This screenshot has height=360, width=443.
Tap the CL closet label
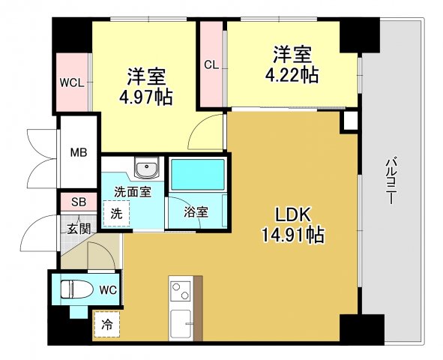[x=211, y=64]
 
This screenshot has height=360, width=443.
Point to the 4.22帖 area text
[x=292, y=74]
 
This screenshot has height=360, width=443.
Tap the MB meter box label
[x=79, y=153]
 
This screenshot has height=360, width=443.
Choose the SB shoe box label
[x=78, y=201]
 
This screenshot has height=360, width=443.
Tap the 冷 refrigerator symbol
[x=107, y=325]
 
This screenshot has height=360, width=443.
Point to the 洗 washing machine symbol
[x=116, y=212]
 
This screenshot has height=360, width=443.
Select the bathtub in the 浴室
[x=198, y=175]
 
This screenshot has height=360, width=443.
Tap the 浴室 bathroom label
[x=196, y=212]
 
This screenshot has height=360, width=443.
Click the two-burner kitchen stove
[x=182, y=289]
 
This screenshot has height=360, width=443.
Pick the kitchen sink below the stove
[x=182, y=323]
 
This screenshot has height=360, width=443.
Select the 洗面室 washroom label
[x=133, y=192]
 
